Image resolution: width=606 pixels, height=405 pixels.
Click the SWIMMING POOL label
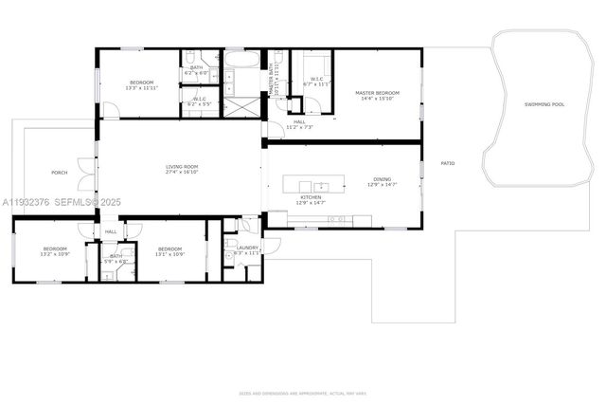pos(544,104)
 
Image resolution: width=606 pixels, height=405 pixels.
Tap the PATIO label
pos(448,163)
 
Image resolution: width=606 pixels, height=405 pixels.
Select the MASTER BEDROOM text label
pos(377,93)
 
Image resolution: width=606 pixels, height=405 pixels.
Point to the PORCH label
pos(59,173)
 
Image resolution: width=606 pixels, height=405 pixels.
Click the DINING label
pos(382,179)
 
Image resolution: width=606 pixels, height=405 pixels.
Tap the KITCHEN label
pos(311,197)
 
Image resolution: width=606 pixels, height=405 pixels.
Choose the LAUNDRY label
pos(235,248)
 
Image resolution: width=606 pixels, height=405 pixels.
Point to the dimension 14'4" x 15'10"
pos(377,99)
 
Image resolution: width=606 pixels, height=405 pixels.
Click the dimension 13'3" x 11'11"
pos(140,87)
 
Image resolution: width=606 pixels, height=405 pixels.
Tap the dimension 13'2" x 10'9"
pos(54,254)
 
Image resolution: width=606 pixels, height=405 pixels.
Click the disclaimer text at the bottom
pos(303,392)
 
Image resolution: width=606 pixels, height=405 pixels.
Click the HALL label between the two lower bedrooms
pos(111,231)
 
